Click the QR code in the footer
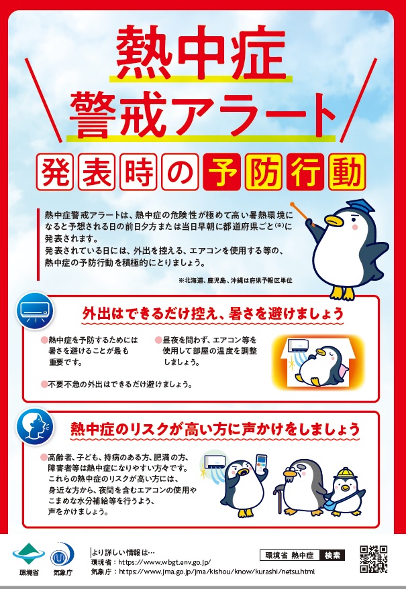tap(373, 559)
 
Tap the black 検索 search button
tap(332, 555)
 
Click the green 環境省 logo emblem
tap(29, 553)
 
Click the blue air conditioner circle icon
tap(35, 311)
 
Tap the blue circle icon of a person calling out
tap(35, 426)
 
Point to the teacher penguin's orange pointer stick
tap(303, 213)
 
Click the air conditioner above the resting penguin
tap(298, 346)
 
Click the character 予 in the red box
tap(221, 172)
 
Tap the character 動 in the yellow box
tap(347, 172)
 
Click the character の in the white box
tap(180, 172)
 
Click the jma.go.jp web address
tap(217, 572)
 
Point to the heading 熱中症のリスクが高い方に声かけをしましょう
tap(215, 429)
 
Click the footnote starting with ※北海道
tap(236, 280)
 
